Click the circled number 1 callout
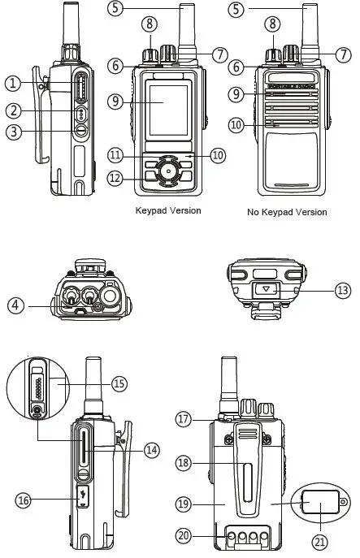point(12,83)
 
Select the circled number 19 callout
point(184,504)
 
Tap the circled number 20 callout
point(184,535)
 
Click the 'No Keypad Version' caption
point(287,212)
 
